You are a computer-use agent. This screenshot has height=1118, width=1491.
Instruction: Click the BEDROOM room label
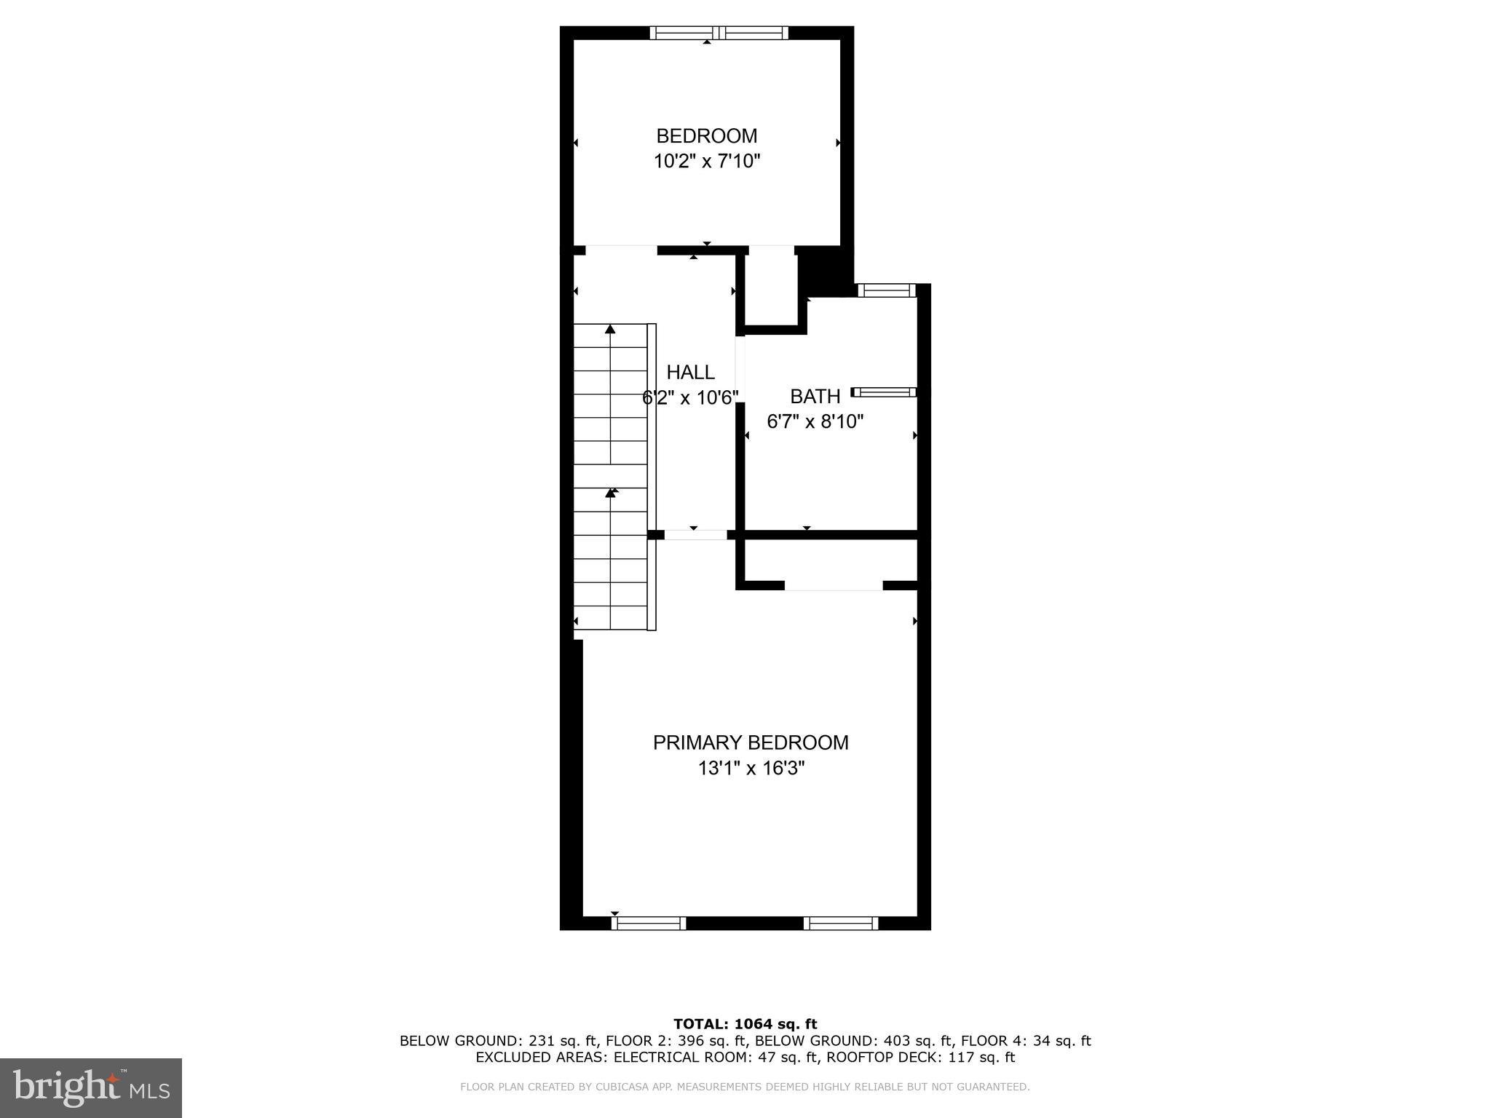click(x=706, y=136)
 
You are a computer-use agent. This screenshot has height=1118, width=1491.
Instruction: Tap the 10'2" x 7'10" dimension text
click(x=706, y=162)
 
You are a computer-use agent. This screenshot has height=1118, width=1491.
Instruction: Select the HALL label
click(x=690, y=373)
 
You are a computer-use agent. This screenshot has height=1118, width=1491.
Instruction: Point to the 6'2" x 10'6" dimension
click(x=690, y=397)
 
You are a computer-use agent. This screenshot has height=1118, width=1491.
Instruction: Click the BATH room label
click(x=815, y=397)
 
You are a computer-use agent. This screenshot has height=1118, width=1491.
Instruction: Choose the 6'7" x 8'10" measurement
click(x=815, y=421)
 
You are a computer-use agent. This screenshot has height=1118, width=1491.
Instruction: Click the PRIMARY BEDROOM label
click(x=750, y=743)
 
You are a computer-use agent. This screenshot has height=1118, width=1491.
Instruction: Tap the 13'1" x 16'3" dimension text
click(x=750, y=769)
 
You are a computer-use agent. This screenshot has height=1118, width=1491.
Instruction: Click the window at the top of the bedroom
click(x=719, y=33)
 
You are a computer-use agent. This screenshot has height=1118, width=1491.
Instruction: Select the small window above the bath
click(x=885, y=291)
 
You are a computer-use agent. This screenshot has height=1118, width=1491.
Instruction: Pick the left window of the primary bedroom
click(x=649, y=923)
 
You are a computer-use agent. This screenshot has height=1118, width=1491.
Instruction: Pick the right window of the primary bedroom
click(x=841, y=923)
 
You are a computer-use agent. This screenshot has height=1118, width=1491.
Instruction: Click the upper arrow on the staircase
click(x=610, y=330)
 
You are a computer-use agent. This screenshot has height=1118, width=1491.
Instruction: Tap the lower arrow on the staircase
click(x=611, y=493)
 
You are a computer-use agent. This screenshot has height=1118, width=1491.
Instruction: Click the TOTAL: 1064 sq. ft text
click(x=745, y=1025)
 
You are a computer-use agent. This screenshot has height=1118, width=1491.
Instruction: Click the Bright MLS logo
click(x=91, y=1087)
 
